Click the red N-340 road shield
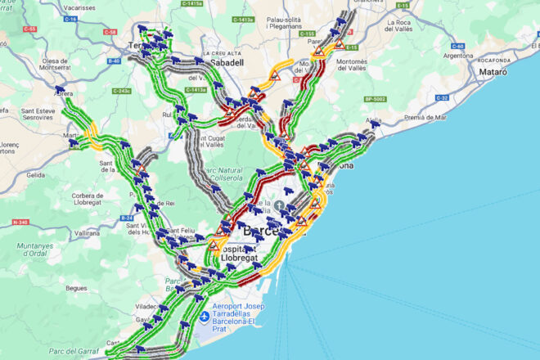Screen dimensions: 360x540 [x=20, y=222]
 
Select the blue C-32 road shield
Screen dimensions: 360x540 [x=442, y=97]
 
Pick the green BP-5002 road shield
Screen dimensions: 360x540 [x=375, y=99]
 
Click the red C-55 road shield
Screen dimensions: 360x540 [x=30, y=29]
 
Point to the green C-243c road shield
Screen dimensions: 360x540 [x=122, y=91]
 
